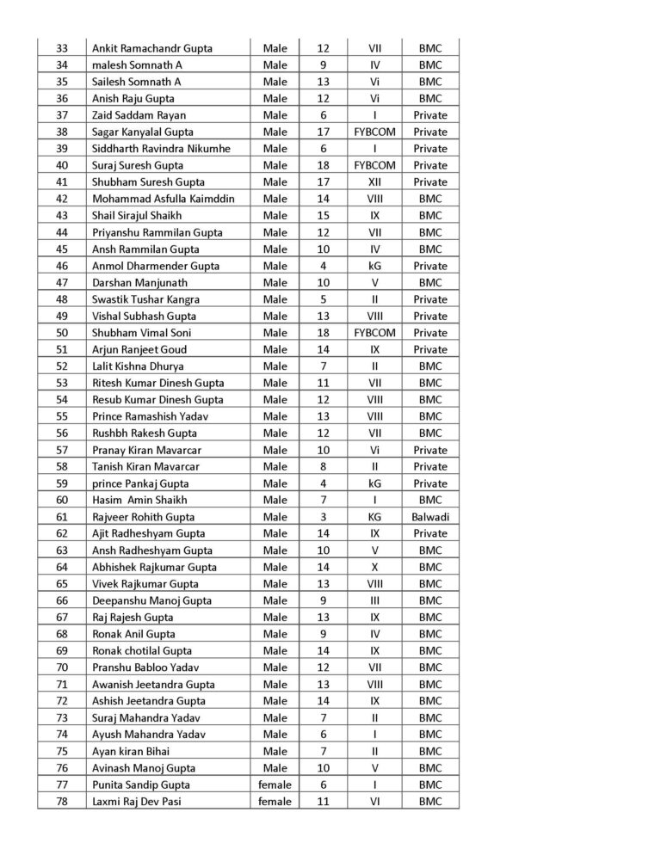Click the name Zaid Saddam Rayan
point(139,115)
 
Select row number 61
point(61,517)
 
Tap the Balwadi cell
point(429,517)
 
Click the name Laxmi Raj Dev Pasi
point(137,802)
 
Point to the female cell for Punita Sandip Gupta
point(275,784)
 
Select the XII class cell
point(374,182)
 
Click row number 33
point(61,48)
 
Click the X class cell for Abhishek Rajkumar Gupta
point(374,567)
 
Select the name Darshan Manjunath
point(139,282)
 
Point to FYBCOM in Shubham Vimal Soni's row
point(374,333)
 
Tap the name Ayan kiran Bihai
point(132,751)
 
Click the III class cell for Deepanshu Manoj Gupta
point(374,600)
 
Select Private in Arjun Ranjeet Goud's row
point(429,349)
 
